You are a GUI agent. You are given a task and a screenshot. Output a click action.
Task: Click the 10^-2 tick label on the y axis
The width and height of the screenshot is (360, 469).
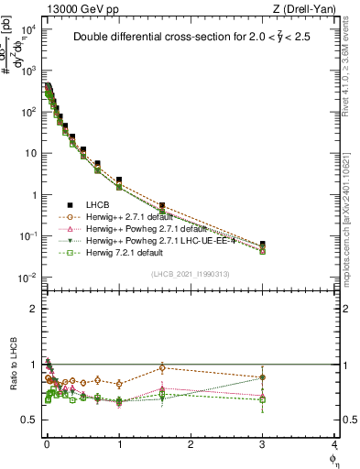click(x=27, y=278)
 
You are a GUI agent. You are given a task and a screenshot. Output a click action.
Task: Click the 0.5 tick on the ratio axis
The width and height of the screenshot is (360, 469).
click(x=31, y=420)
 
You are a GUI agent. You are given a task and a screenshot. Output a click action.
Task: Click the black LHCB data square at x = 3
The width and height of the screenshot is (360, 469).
click(x=263, y=245)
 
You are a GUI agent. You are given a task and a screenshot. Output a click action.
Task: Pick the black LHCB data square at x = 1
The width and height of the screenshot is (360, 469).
click(x=119, y=180)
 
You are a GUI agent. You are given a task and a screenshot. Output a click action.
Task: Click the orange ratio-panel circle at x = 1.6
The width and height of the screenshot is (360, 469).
click(x=162, y=367)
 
